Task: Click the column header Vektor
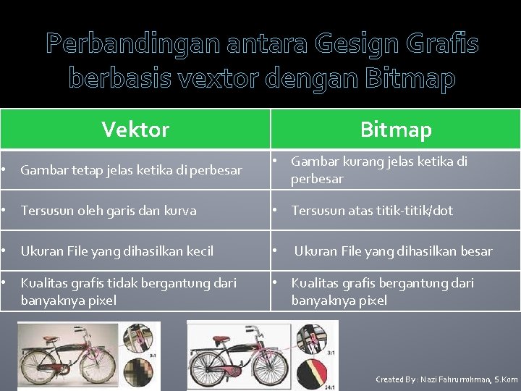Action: click(135, 130)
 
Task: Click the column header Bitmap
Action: click(395, 130)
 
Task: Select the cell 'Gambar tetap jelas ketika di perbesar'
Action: click(131, 170)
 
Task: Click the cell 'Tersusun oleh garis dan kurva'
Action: click(109, 211)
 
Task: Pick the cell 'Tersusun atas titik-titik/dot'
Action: click(372, 211)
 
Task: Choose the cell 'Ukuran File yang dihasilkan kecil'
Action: click(117, 251)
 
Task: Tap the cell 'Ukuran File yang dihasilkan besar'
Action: click(393, 251)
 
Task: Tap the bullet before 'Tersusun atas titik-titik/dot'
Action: click(274, 211)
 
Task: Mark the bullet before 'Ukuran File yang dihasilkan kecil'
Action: click(4, 251)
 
